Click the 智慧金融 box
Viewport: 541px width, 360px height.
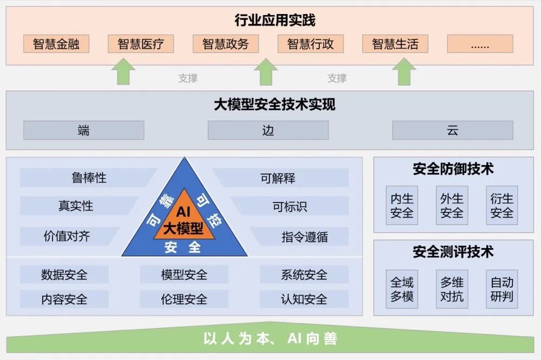point(56,44)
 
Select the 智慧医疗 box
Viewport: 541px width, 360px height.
point(141,44)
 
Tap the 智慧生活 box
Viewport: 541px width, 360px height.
point(395,44)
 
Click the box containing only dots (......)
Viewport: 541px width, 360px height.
point(480,44)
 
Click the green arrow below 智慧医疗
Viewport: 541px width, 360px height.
point(125,72)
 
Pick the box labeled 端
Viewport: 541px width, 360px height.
point(84,130)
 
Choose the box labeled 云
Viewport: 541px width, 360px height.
point(452,130)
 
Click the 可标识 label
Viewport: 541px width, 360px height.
point(289,206)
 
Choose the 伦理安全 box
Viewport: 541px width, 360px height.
point(184,299)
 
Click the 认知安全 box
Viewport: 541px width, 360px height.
point(304,299)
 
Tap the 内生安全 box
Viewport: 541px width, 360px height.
point(402,205)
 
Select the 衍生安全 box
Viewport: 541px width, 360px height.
point(502,205)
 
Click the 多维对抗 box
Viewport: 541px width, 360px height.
point(452,289)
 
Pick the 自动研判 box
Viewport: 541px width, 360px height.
point(502,289)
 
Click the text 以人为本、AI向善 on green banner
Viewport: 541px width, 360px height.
point(270,339)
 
